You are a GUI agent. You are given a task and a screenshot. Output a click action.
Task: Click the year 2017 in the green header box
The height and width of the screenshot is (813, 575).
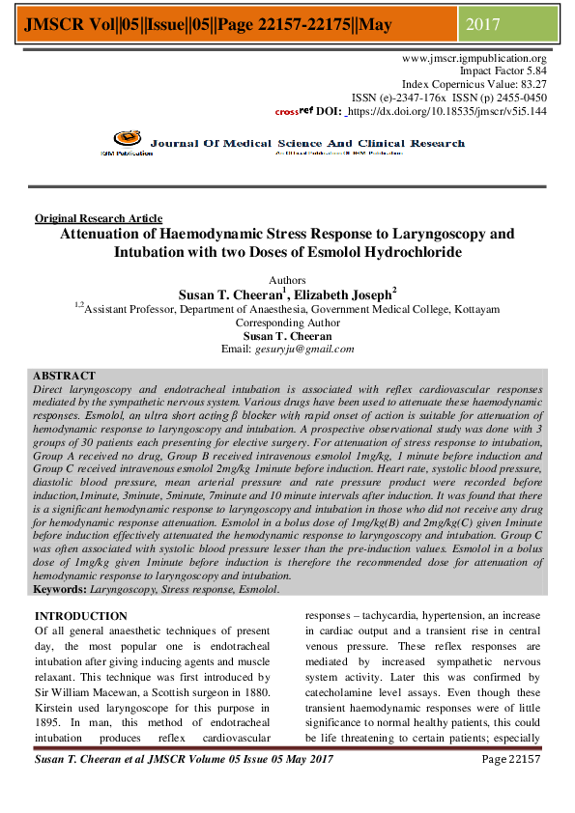[483, 24]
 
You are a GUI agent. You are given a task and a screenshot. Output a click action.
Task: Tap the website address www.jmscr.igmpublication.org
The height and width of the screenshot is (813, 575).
[474, 59]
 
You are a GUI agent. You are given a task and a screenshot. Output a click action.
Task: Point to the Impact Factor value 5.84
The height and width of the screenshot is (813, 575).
[533, 71]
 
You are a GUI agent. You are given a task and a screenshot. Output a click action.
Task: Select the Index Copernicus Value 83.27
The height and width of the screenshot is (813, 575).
[532, 85]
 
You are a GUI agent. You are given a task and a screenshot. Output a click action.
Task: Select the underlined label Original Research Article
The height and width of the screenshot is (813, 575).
[98, 219]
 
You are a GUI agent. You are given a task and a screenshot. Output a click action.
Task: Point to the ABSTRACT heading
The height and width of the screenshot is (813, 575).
[64, 376]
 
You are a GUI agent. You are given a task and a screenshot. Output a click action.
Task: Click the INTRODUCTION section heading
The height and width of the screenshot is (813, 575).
[80, 616]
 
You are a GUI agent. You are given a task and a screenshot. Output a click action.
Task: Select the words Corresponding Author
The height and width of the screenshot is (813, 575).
[287, 323]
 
